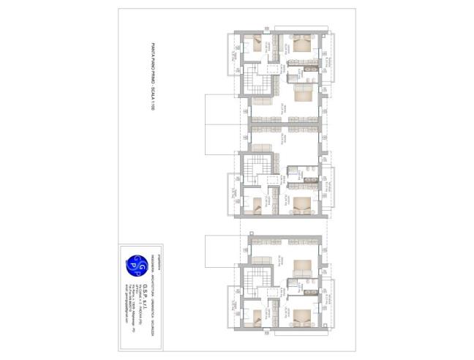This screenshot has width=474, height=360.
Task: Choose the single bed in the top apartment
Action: (x=256, y=42)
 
